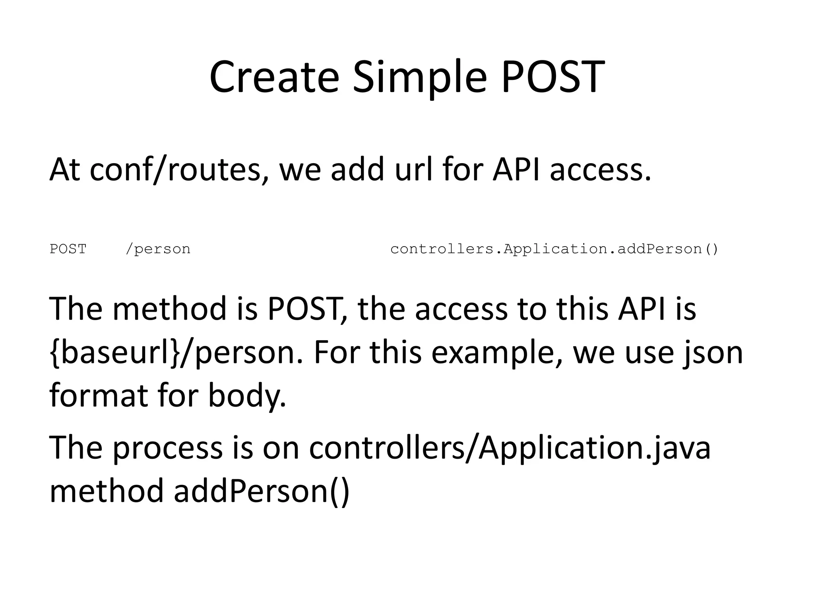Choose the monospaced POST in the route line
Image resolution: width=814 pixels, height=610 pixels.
pos(68,249)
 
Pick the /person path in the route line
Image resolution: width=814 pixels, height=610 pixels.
pos(158,249)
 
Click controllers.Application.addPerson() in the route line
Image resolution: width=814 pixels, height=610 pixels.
pos(554,249)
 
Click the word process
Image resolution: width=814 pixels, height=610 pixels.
pos(167,448)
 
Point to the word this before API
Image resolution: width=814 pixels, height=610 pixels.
pos(582,309)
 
